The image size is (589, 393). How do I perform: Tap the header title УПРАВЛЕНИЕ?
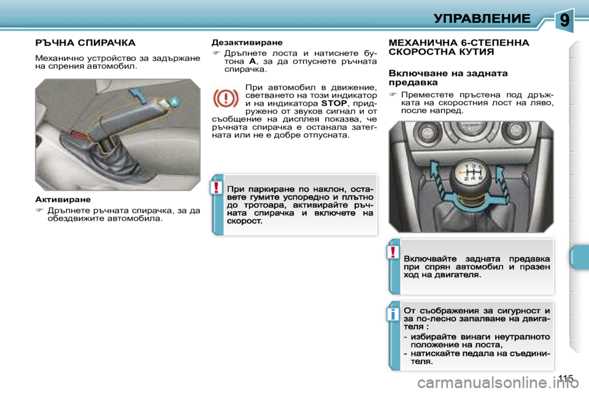(x=482, y=18)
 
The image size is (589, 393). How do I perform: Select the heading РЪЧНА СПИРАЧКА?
(x=85, y=43)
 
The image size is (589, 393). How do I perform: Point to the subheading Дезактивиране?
(x=247, y=43)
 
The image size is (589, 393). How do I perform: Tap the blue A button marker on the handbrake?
(x=174, y=101)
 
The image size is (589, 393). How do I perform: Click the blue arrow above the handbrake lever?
(x=140, y=96)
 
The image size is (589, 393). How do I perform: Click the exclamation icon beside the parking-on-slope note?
(x=217, y=188)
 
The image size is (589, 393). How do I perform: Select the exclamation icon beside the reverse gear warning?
(x=393, y=252)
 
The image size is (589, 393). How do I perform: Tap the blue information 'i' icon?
(x=393, y=315)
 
